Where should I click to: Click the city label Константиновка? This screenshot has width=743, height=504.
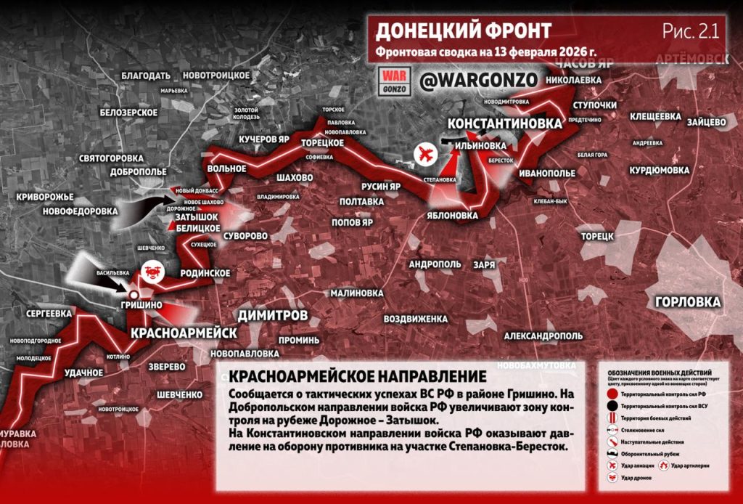[504, 123]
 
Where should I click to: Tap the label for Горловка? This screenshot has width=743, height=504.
[687, 302]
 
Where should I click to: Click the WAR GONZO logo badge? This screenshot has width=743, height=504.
[396, 80]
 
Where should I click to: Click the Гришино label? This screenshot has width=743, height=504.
[141, 305]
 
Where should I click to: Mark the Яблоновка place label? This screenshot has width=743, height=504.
[453, 216]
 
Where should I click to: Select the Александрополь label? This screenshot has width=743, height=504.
[543, 336]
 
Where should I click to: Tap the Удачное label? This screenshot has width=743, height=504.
[83, 373]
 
